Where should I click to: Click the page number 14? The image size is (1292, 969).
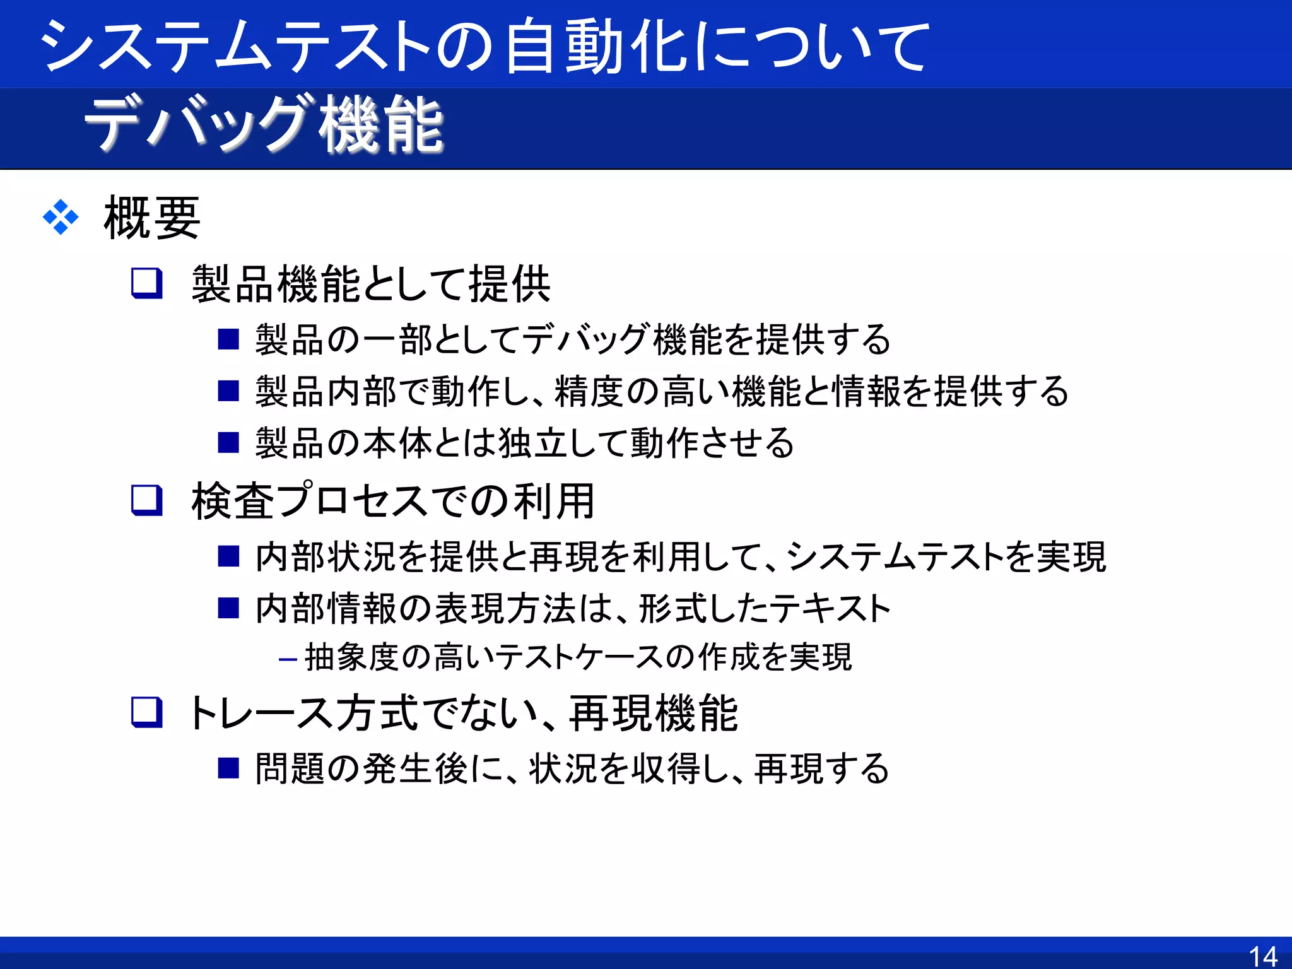(x=1263, y=956)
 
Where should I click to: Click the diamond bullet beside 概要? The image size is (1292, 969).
(x=61, y=218)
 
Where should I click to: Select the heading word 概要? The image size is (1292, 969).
(x=152, y=218)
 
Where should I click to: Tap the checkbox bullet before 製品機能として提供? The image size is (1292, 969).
(x=147, y=283)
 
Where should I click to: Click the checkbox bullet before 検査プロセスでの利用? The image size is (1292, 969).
(x=147, y=501)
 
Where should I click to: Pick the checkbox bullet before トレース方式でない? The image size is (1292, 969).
(x=147, y=713)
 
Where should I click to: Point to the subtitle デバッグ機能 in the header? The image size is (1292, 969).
(x=264, y=125)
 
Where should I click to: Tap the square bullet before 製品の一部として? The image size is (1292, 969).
(x=228, y=339)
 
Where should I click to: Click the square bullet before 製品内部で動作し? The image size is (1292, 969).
(x=228, y=391)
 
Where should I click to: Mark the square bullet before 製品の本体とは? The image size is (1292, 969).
(x=228, y=443)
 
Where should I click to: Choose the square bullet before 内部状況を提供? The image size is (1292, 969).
(x=228, y=556)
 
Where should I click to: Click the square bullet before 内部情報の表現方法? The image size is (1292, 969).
(x=228, y=608)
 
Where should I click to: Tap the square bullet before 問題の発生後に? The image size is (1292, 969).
(x=228, y=768)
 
